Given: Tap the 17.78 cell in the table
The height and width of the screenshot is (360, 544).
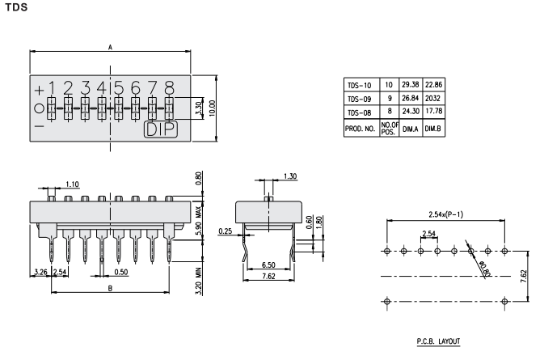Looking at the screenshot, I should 435,112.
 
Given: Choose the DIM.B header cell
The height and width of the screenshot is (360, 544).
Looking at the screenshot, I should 435,128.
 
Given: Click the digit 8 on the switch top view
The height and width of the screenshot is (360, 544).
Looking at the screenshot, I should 169,87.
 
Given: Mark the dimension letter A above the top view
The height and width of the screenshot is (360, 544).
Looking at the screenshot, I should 110,48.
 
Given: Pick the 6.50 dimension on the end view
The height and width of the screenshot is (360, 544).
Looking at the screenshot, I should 273,265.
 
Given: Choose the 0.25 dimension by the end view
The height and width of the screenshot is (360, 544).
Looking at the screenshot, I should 226,231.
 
